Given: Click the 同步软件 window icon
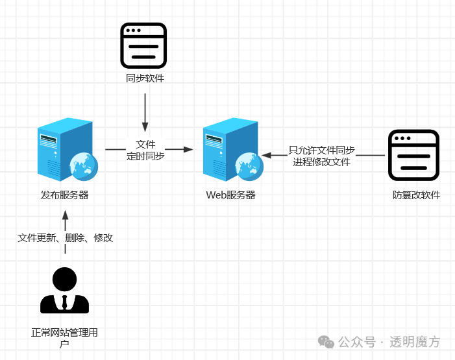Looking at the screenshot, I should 144,45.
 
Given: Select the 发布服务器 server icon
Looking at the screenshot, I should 66,150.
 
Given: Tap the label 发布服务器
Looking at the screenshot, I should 65,195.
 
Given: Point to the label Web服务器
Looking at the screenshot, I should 230,195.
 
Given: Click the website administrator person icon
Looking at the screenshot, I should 65,290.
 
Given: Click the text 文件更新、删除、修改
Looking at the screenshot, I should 65,238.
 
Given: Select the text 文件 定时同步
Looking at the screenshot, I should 145,150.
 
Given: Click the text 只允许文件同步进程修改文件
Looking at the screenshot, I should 322,156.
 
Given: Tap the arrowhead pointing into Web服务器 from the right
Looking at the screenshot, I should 266,156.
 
